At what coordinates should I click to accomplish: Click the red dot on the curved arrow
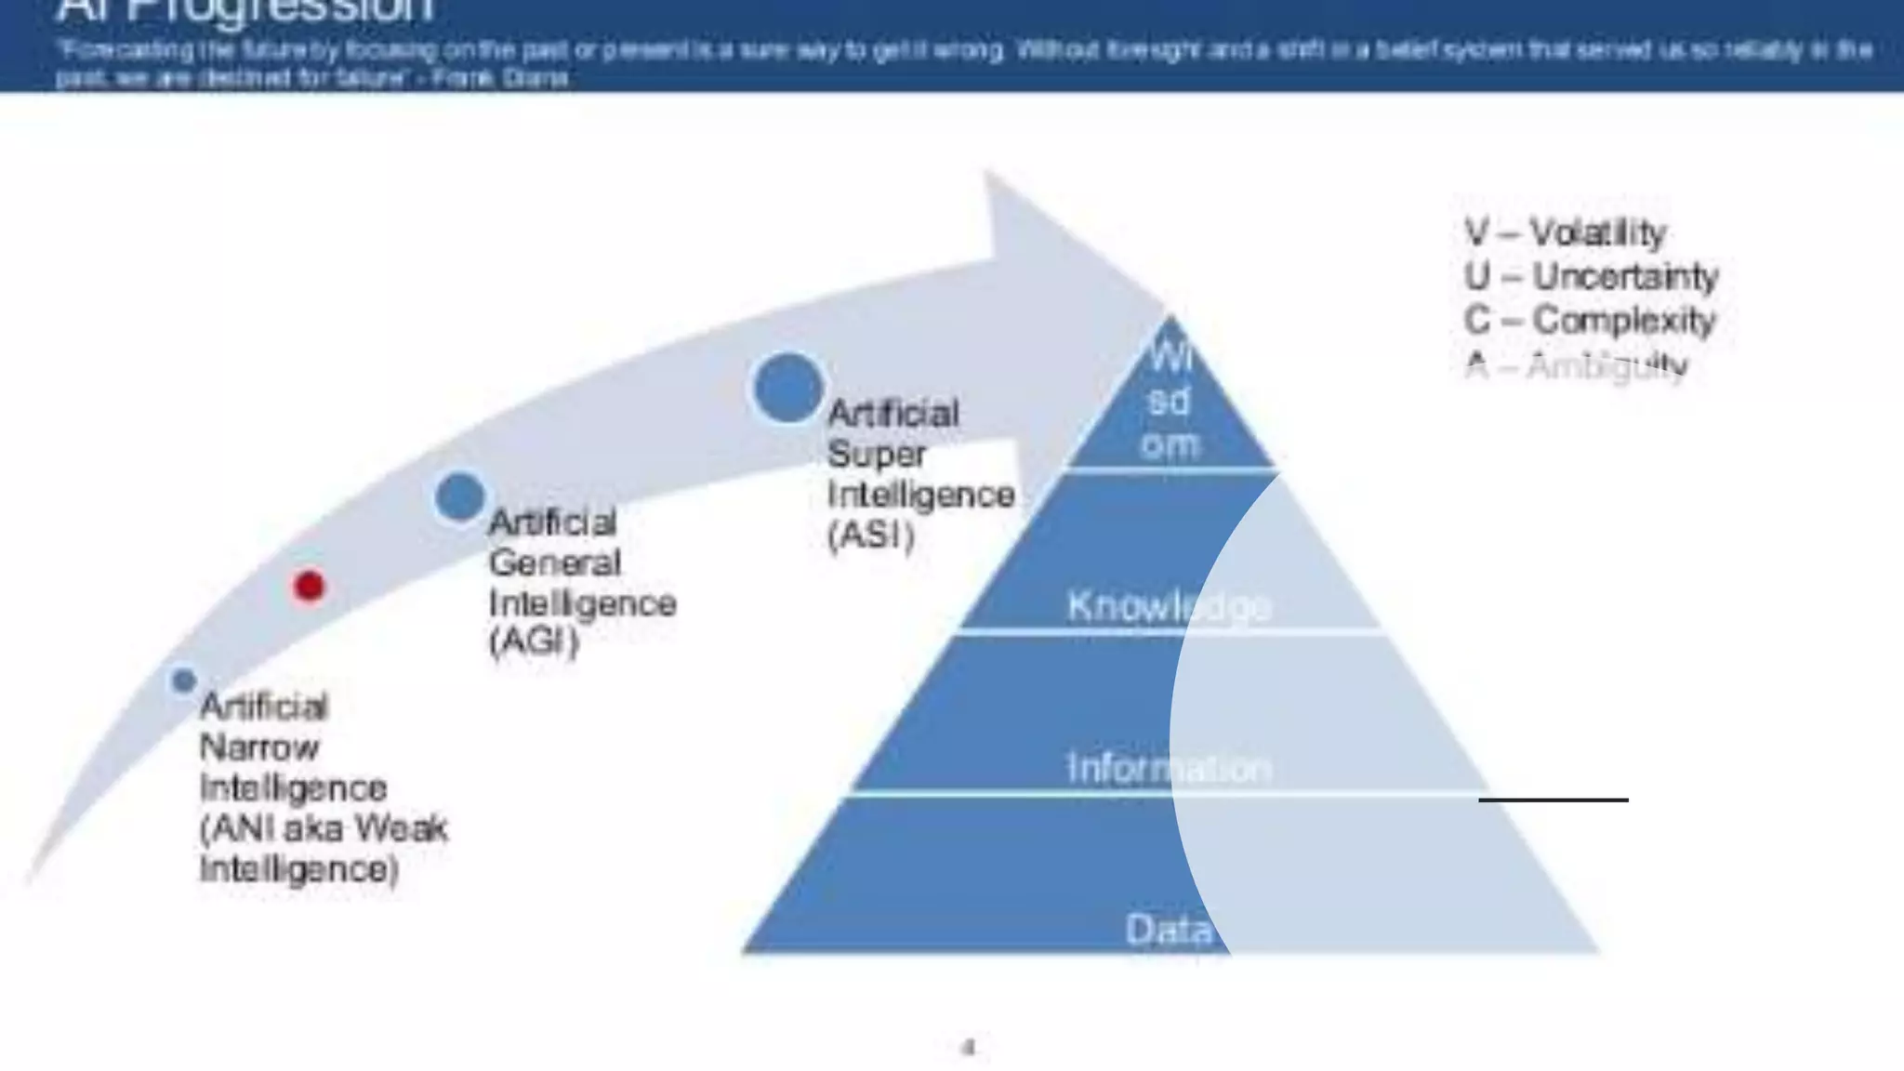pos(309,587)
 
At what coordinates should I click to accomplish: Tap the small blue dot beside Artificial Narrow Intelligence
pos(184,681)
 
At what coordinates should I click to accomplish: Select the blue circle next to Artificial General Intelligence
pos(460,496)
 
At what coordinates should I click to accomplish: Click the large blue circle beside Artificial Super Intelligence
pos(788,389)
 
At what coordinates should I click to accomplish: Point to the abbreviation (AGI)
pos(534,642)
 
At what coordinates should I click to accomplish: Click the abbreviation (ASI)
pos(871,535)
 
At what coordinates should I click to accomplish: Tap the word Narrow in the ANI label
pos(259,747)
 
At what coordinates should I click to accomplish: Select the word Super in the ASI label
pos(876,454)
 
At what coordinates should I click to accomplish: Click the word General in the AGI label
pos(554,562)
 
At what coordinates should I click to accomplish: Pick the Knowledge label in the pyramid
pos(1169,606)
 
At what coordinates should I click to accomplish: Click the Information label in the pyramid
pos(1169,768)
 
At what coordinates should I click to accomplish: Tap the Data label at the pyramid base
pos(1169,929)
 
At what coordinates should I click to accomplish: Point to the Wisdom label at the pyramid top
pos(1169,402)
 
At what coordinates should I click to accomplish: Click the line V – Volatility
pos(1565,232)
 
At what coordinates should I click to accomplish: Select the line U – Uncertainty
pos(1591,276)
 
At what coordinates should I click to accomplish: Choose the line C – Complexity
pos(1589,320)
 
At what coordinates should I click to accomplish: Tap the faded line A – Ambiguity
pos(1576,365)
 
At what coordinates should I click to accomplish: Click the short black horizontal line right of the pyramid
pos(1554,800)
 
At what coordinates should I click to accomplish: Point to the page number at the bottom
pos(968,1048)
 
